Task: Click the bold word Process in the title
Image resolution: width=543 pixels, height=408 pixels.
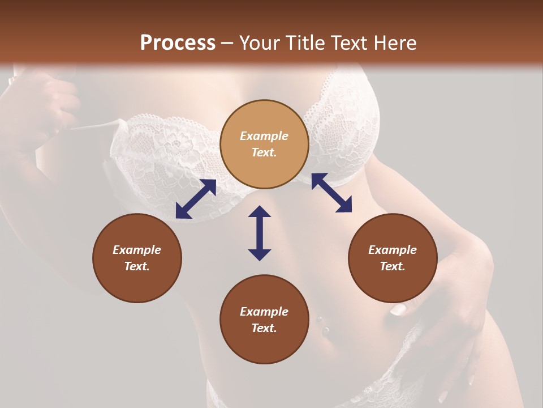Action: pyautogui.click(x=178, y=43)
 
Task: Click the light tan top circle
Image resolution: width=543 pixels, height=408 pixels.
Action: pyautogui.click(x=264, y=144)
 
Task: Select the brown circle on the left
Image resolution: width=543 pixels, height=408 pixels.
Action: pyautogui.click(x=137, y=258)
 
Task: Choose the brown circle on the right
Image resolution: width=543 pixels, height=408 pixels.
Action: pyautogui.click(x=393, y=258)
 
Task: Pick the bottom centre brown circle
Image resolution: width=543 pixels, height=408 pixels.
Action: pyautogui.click(x=264, y=320)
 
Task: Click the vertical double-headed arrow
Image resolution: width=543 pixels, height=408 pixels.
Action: pyautogui.click(x=260, y=233)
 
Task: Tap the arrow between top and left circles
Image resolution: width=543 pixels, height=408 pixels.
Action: pyautogui.click(x=196, y=199)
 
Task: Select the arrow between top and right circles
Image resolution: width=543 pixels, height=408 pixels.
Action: pyautogui.click(x=331, y=193)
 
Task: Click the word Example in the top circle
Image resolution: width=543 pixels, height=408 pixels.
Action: pyautogui.click(x=264, y=136)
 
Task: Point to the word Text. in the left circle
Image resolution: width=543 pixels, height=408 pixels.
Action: pyautogui.click(x=137, y=266)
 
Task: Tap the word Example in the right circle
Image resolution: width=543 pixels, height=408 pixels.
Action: pyautogui.click(x=393, y=250)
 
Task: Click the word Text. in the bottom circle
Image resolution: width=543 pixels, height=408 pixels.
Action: pyautogui.click(x=264, y=328)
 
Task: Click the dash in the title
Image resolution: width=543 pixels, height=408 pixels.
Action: pyautogui.click(x=227, y=43)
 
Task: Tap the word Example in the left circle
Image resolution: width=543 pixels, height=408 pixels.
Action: pyautogui.click(x=137, y=250)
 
